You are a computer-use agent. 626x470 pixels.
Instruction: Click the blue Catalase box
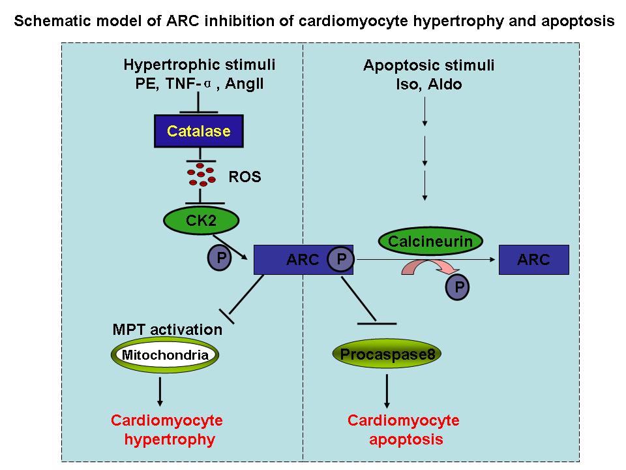tap(198, 131)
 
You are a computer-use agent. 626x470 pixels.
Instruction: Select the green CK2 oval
tap(201, 221)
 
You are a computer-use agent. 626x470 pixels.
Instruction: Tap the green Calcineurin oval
tap(430, 242)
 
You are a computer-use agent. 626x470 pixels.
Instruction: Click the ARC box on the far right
tap(533, 260)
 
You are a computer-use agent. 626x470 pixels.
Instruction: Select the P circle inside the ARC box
tap(340, 260)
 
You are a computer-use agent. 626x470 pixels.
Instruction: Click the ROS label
tap(245, 177)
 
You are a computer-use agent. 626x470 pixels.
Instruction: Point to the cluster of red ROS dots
tap(201, 174)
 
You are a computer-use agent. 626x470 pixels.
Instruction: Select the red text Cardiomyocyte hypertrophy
tap(167, 429)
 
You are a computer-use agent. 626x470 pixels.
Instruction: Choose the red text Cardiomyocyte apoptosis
tap(404, 429)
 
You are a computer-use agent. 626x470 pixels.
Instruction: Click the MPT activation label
tap(168, 329)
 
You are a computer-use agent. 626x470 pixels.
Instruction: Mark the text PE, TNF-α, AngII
tap(198, 84)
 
